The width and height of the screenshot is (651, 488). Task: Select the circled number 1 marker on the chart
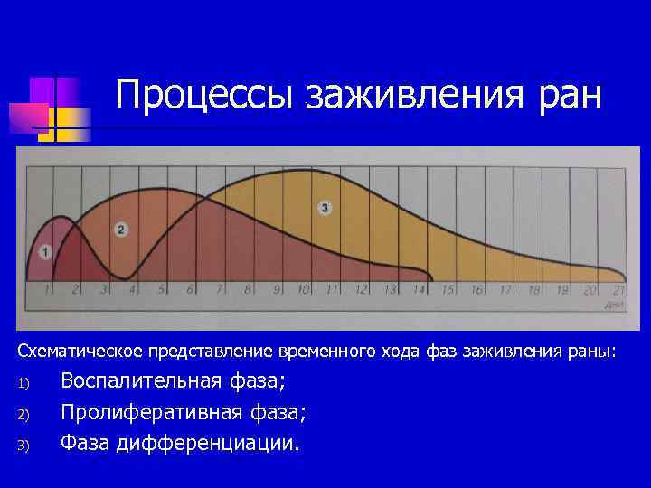46,251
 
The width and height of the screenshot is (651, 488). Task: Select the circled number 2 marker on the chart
122,230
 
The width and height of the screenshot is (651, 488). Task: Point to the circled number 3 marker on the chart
325,209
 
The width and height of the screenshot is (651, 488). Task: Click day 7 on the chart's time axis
220,290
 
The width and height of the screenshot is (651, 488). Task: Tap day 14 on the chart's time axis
418,290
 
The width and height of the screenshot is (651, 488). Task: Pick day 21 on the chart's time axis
618,290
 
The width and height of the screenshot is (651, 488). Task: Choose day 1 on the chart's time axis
49,290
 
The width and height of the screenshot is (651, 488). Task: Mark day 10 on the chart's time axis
304,290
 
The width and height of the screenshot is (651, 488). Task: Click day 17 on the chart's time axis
504,290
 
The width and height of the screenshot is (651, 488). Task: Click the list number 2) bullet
24,415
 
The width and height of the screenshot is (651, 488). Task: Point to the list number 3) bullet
24,446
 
